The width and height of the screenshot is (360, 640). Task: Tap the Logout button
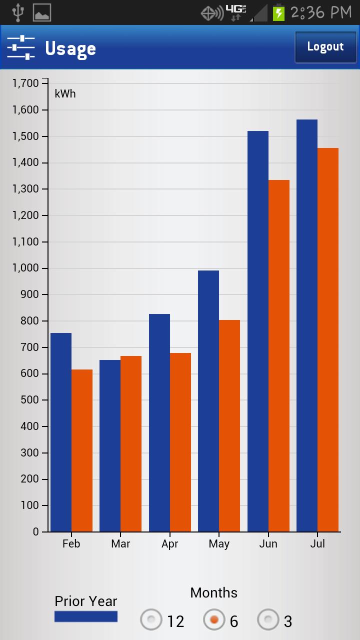(325, 47)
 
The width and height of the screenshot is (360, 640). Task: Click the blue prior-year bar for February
(61, 432)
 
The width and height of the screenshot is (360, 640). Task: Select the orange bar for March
(131, 443)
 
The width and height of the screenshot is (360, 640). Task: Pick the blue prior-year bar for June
(258, 331)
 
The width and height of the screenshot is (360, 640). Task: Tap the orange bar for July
(328, 339)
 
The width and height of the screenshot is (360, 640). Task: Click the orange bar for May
(229, 425)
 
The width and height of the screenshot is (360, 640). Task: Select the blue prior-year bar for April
(159, 422)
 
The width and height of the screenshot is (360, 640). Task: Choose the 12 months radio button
(151, 620)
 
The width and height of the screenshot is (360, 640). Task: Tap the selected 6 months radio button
(214, 620)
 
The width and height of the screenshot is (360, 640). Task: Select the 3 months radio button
(268, 620)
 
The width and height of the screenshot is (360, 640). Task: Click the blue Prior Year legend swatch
(86, 616)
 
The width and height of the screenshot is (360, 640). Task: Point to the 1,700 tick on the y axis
(25, 83)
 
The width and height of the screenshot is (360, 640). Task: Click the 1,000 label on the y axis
(25, 268)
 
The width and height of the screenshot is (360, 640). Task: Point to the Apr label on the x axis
(170, 544)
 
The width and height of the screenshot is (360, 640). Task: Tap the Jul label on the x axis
(317, 544)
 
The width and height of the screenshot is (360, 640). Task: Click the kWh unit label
(65, 93)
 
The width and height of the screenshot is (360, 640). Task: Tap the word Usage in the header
(70, 48)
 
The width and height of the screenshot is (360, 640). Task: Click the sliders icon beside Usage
(21, 47)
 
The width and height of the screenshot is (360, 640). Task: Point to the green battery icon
(278, 12)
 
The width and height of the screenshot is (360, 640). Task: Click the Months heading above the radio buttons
(214, 593)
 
